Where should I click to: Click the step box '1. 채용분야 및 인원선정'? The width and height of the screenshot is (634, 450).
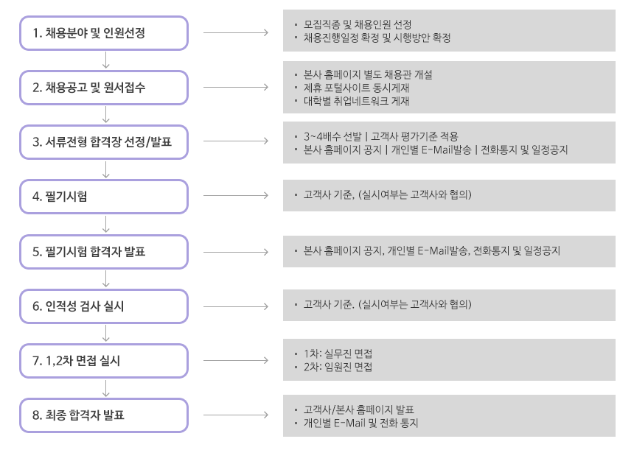(x=103, y=32)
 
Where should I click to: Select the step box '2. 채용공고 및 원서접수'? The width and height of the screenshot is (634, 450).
(x=103, y=87)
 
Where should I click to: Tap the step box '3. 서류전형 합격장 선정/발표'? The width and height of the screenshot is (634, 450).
(x=103, y=141)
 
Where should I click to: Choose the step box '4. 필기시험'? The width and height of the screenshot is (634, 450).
(x=103, y=196)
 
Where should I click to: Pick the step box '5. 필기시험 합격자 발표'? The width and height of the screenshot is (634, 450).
(x=103, y=251)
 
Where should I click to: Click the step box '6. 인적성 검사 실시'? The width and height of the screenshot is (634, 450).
(x=103, y=306)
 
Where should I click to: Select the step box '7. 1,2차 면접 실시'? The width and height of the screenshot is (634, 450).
(x=103, y=360)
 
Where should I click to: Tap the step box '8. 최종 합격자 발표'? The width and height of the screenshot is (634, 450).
(x=103, y=415)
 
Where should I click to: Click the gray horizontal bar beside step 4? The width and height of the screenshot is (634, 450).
(x=236, y=195)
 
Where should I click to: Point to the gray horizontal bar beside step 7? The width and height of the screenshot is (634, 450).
(x=236, y=360)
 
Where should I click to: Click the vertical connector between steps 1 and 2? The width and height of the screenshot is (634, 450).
(x=107, y=60)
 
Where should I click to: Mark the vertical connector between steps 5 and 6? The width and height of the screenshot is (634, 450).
(x=107, y=278)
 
